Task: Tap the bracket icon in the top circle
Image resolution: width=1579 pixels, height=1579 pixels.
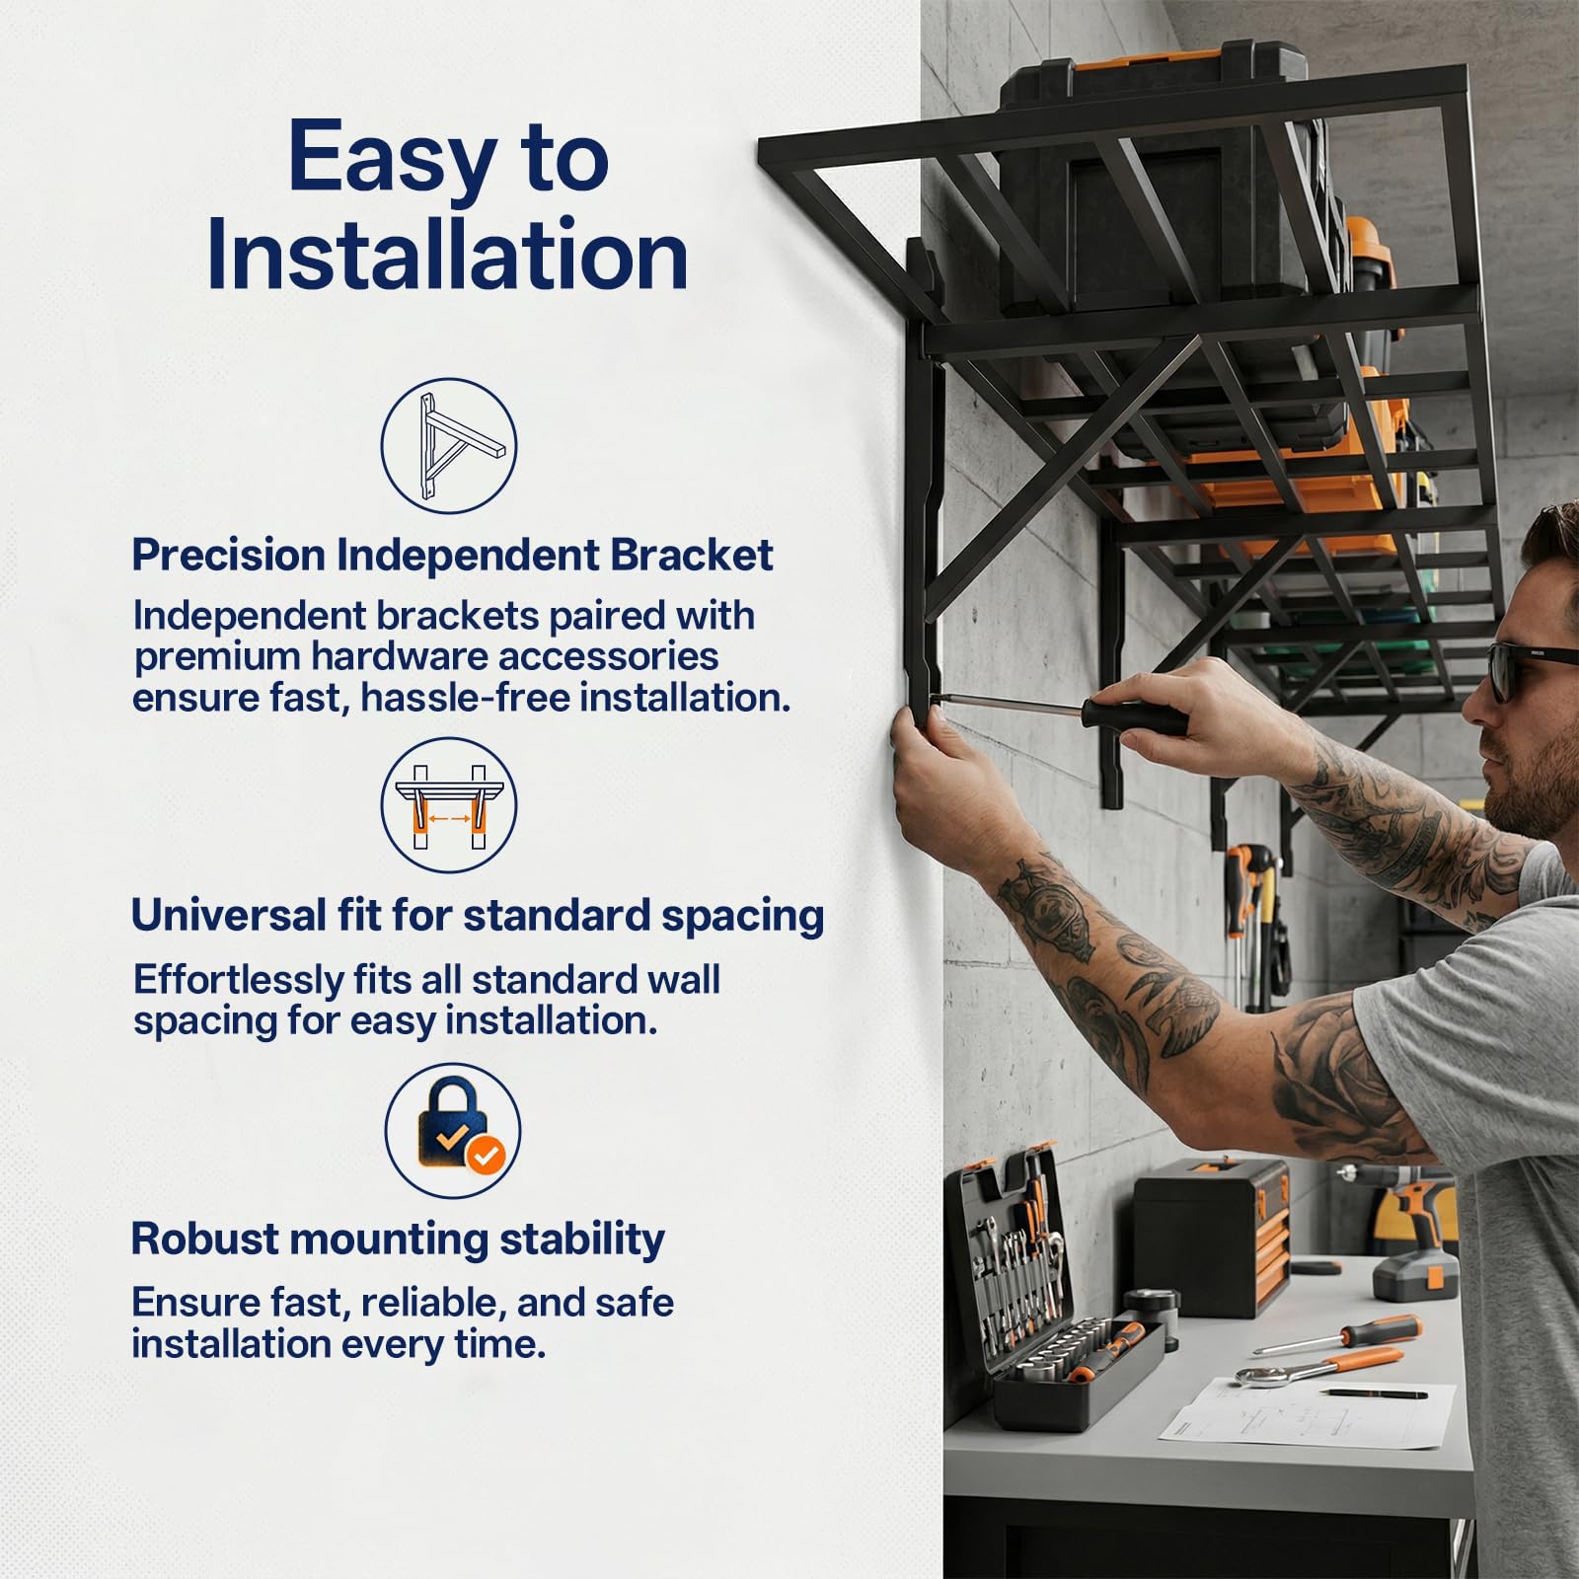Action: pos(449,446)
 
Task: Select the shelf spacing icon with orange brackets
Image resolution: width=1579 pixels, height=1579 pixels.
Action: pos(449,805)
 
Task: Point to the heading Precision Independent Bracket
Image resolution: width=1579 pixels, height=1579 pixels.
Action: pos(452,556)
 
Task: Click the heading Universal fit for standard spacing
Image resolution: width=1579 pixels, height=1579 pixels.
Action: pos(478,916)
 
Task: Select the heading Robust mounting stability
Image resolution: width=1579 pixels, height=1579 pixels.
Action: pos(398,1239)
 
